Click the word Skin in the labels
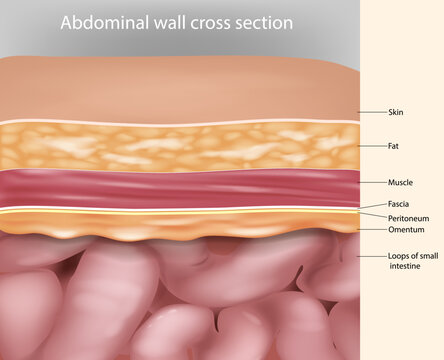click(395, 113)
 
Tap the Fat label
click(393, 146)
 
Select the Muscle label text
click(400, 183)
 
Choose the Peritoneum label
click(407, 217)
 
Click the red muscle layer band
click(180, 187)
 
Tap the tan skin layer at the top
click(180, 90)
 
